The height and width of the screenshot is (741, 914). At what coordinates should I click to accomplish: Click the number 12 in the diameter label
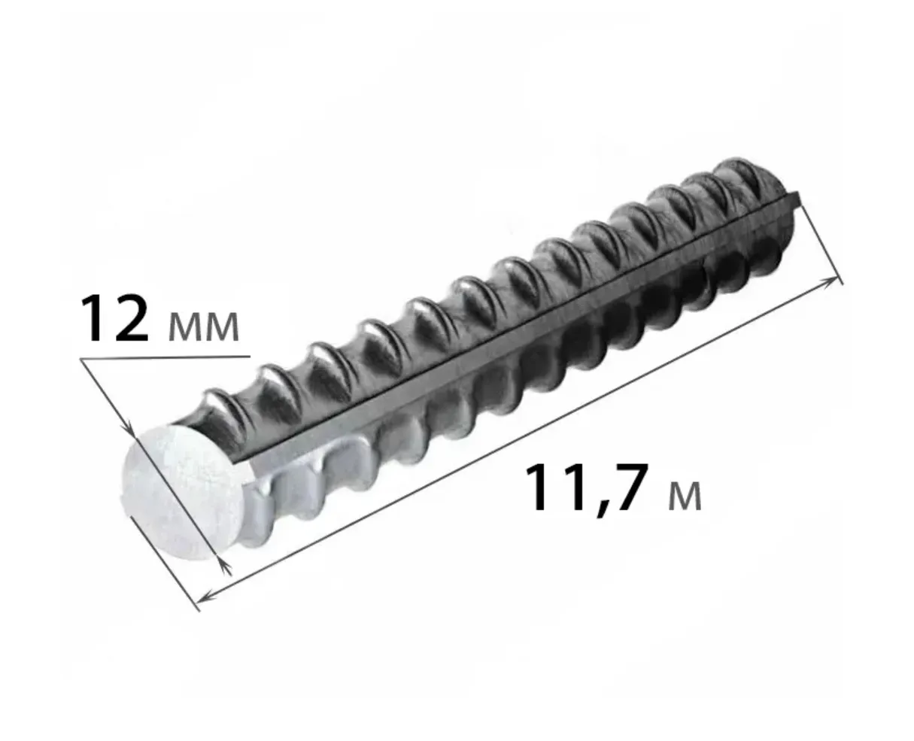pos(114,318)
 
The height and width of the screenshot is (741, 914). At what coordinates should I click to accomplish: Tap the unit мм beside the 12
pos(203,327)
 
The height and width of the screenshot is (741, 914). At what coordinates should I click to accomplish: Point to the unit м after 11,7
pos(685,497)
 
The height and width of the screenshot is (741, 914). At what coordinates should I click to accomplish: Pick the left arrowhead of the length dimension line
pos(207,596)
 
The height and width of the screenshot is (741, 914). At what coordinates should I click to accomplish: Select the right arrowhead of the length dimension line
pos(829,280)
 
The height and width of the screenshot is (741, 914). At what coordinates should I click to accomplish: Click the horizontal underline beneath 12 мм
pos(165,357)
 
